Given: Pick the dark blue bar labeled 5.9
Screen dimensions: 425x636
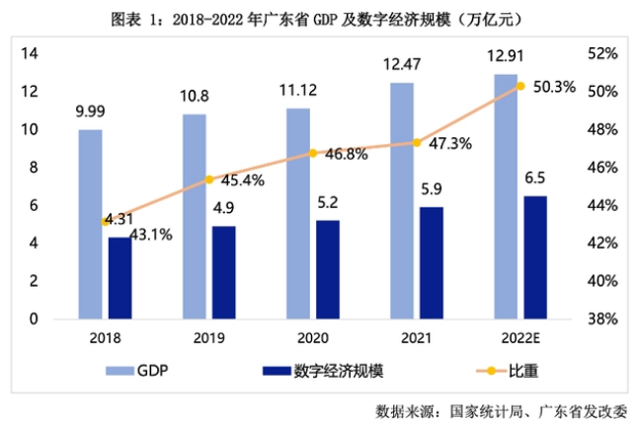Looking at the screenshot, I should pyautogui.click(x=431, y=262).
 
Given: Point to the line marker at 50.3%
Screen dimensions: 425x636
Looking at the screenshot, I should pyautogui.click(x=520, y=86).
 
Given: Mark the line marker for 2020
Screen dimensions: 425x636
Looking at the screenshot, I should pyautogui.click(x=313, y=153).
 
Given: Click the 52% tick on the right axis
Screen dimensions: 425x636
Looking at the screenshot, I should pyautogui.click(x=602, y=53).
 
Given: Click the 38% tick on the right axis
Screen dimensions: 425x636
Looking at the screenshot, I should pyautogui.click(x=602, y=319).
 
